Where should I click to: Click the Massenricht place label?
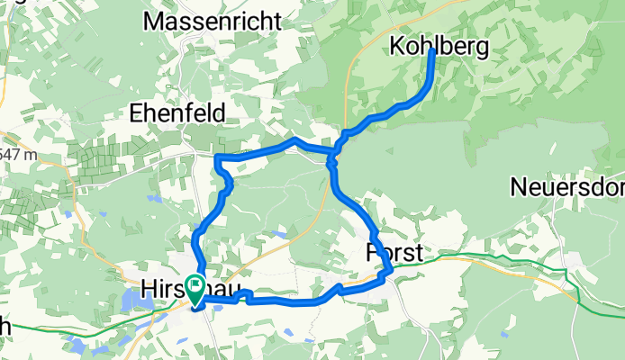(213, 19)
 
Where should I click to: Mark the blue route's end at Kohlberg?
(432, 51)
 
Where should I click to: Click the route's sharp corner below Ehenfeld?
(218, 158)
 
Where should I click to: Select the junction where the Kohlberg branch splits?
(332, 162)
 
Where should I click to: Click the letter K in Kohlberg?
(397, 47)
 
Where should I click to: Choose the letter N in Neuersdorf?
(518, 187)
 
